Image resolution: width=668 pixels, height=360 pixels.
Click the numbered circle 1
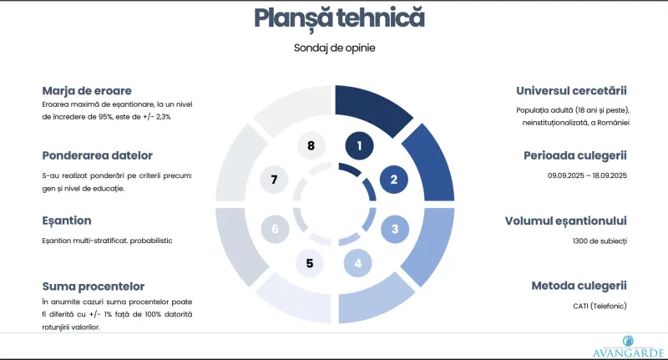click(359, 145)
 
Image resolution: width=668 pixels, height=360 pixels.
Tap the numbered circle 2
click(393, 180)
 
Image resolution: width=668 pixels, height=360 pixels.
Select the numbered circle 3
click(395, 229)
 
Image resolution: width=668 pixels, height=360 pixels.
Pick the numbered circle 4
click(358, 263)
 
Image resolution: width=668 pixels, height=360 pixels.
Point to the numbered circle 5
click(310, 263)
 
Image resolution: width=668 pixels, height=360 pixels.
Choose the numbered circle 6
click(275, 229)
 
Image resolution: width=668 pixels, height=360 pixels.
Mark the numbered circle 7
click(274, 180)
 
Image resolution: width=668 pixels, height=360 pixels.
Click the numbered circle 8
click(311, 145)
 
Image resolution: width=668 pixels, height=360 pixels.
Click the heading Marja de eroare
click(87, 91)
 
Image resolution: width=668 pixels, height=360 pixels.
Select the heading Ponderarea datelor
click(97, 155)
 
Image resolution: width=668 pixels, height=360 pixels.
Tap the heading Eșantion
click(67, 221)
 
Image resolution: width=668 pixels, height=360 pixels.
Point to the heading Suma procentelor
click(94, 286)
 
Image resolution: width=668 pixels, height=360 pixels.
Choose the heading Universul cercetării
click(571, 91)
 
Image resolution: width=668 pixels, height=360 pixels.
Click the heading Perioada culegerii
click(575, 156)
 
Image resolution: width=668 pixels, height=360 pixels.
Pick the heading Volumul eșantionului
click(566, 221)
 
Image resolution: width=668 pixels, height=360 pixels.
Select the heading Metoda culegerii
click(579, 286)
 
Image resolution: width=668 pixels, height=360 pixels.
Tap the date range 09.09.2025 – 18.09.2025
click(588, 175)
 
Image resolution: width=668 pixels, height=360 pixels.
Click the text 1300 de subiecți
click(600, 241)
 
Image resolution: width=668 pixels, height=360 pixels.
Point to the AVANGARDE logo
click(629, 347)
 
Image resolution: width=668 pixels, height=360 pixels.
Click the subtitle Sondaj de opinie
click(335, 48)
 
